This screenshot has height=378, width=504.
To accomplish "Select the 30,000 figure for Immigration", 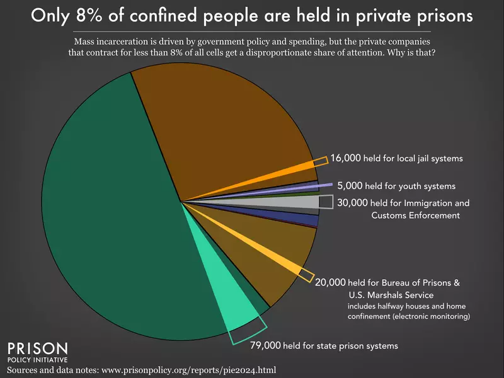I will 352,203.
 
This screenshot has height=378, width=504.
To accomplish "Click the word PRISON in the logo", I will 37,348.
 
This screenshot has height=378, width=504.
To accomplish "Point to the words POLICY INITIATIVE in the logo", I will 37,360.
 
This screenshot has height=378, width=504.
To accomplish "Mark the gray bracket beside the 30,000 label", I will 326,202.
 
